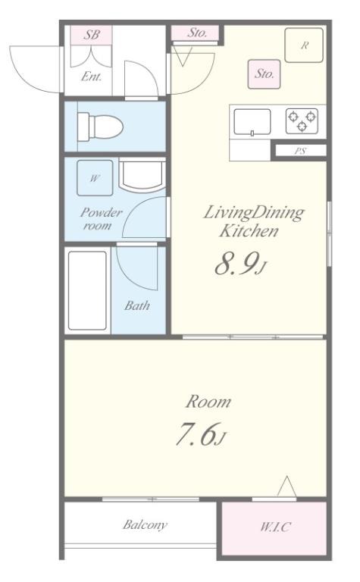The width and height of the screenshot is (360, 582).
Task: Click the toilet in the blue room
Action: point(100,127)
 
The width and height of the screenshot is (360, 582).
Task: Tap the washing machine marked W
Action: point(95,178)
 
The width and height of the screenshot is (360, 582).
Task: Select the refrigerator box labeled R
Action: point(304,45)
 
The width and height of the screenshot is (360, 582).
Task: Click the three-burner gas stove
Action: point(302,121)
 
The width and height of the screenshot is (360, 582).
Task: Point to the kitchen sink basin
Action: point(252,122)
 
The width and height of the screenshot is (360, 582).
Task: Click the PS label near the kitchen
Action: point(300,151)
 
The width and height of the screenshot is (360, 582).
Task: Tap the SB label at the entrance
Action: point(91,35)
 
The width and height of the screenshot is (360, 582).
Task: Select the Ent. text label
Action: point(91,77)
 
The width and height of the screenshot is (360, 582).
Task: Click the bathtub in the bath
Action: point(88,291)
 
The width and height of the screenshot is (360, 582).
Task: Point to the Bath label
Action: point(137,305)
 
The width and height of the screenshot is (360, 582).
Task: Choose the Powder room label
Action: point(100,219)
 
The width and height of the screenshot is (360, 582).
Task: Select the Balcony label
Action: point(145,525)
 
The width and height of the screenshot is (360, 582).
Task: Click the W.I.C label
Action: point(275,527)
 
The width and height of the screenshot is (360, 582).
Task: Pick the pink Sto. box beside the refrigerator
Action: point(264,74)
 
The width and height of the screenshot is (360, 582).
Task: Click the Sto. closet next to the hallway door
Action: point(197,33)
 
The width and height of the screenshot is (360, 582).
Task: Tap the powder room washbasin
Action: point(142,175)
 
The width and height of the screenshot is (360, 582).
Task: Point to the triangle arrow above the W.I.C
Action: point(287,486)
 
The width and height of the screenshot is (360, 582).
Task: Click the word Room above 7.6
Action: point(208,402)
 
